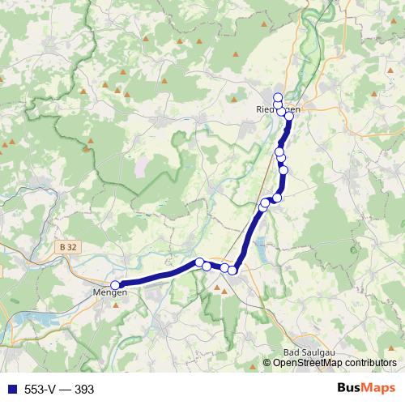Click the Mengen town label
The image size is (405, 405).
click(x=110, y=292)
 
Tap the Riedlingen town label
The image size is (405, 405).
click(x=278, y=109)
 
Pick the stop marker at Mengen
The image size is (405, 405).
click(x=116, y=285)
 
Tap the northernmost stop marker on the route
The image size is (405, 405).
click(x=278, y=97)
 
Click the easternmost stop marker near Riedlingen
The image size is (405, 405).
click(x=289, y=116)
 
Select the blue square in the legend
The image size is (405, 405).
click(x=11, y=390)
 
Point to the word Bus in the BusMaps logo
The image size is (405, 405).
click(x=352, y=389)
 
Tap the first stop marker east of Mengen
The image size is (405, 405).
click(x=199, y=262)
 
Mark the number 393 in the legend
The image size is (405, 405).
click(x=85, y=390)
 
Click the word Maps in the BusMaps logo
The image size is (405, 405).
click(x=381, y=389)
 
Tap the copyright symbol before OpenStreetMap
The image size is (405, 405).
click(x=267, y=363)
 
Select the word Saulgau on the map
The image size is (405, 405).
click(x=315, y=352)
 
